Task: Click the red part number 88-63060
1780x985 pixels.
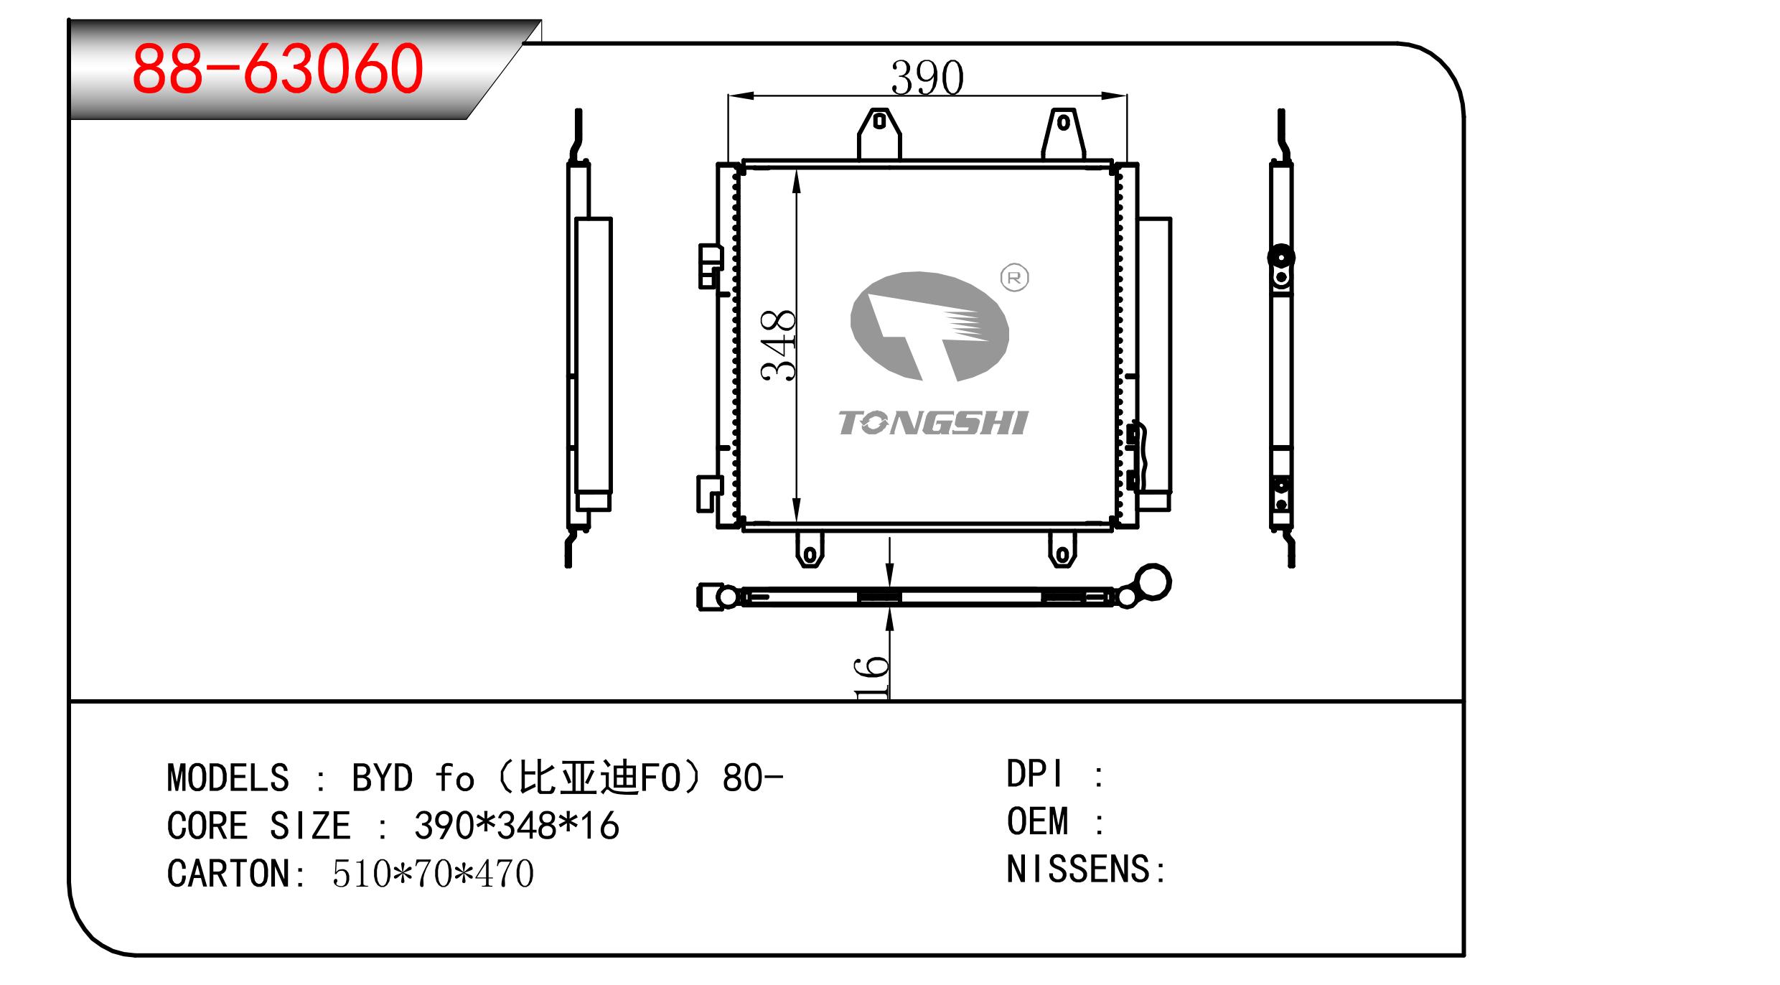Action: tap(278, 69)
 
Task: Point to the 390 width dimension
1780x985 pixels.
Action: tap(927, 78)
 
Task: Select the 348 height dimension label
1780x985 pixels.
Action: tap(779, 345)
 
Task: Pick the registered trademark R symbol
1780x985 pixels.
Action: tap(1014, 278)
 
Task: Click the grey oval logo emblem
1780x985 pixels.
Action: tap(929, 327)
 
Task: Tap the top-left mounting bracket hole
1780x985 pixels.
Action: tap(879, 122)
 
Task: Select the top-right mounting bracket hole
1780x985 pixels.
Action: tap(1064, 123)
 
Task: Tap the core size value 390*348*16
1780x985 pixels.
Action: tap(516, 826)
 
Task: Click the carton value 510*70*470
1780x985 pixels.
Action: tap(433, 874)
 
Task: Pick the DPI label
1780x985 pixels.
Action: tap(1034, 775)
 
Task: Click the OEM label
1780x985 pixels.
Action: tap(1037, 822)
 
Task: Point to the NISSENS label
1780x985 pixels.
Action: tap(1079, 870)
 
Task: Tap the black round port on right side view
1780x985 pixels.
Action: tap(1281, 257)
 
